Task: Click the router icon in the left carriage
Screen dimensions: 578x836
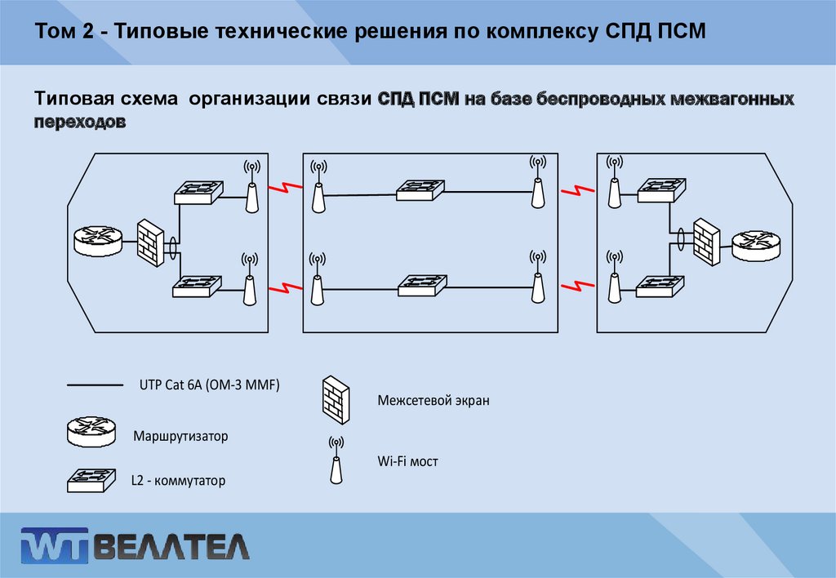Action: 96,238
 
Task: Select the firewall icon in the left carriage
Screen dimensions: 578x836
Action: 150,242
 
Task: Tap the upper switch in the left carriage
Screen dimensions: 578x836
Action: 198,192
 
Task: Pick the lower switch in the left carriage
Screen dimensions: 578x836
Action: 198,285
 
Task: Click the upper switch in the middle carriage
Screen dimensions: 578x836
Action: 421,190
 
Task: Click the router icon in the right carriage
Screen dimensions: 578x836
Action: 755,244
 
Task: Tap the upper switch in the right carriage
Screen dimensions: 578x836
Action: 661,190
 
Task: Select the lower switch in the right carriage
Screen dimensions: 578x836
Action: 661,286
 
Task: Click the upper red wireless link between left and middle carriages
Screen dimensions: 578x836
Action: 282,189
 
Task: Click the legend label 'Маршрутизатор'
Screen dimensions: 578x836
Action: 180,436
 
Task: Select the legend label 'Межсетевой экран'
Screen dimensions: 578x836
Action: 434,401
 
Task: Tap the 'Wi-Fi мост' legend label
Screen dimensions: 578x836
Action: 407,461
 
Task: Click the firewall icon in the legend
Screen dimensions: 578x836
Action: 336,398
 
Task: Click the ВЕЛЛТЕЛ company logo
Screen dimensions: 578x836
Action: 136,545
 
